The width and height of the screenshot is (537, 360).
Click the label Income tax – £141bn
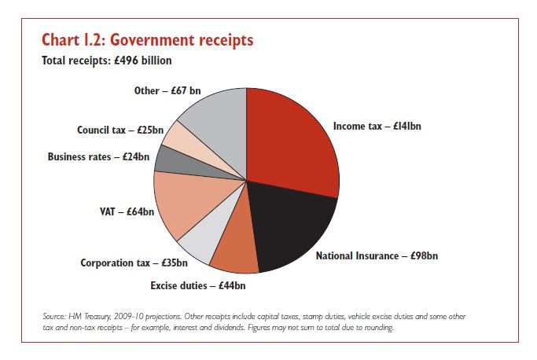coord(377,126)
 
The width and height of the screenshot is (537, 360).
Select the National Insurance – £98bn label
coord(377,255)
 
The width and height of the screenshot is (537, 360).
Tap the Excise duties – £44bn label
coord(198,285)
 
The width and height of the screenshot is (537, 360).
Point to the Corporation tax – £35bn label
coord(134,263)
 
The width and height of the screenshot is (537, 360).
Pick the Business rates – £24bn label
coord(98,156)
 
